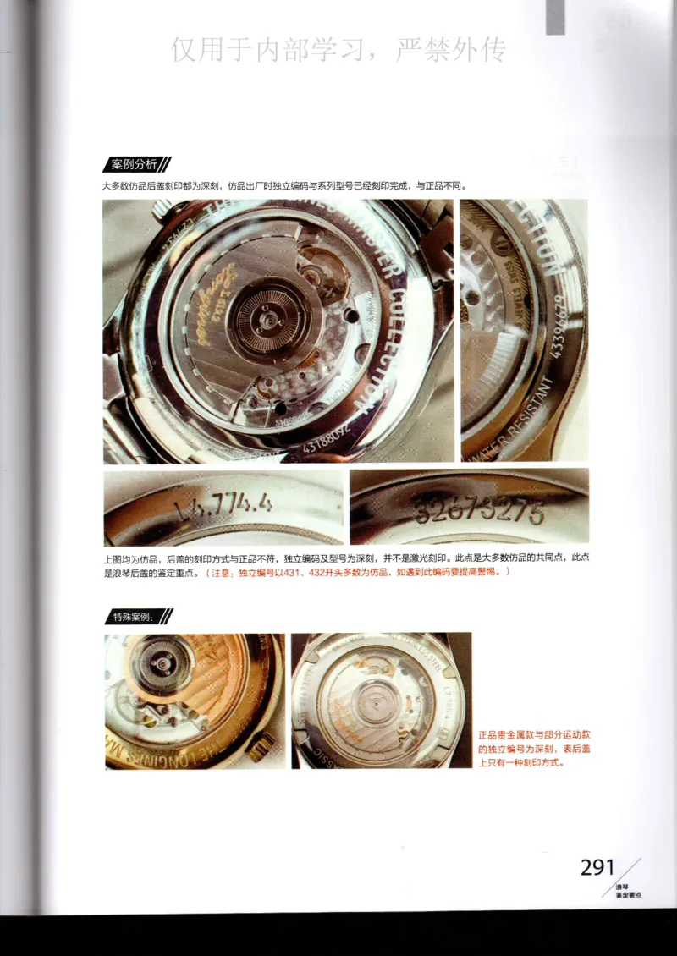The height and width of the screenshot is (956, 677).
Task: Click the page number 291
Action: pos(597,867)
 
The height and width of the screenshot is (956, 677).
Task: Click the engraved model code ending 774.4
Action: pos(223,506)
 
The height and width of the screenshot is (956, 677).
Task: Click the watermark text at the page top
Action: pos(338,50)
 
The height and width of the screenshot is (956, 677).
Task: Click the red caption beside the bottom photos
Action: pos(533,748)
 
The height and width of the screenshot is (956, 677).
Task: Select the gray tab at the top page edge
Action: pos(555,18)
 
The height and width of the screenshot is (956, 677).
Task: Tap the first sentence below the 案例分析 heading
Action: pos(283,185)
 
